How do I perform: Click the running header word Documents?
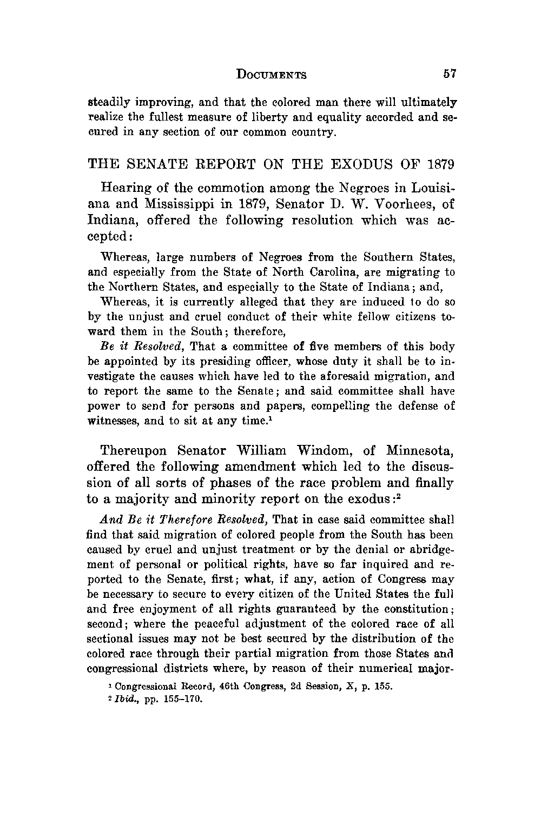click(272, 75)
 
